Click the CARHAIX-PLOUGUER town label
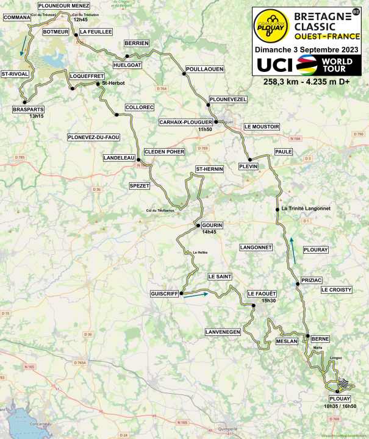[185, 121]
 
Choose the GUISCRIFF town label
[164, 294]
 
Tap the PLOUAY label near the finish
[333, 399]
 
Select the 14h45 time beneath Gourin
[209, 232]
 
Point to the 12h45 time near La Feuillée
[81, 20]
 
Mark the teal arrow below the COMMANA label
[23, 44]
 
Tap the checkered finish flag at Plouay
[345, 383]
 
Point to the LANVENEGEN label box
[223, 331]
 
